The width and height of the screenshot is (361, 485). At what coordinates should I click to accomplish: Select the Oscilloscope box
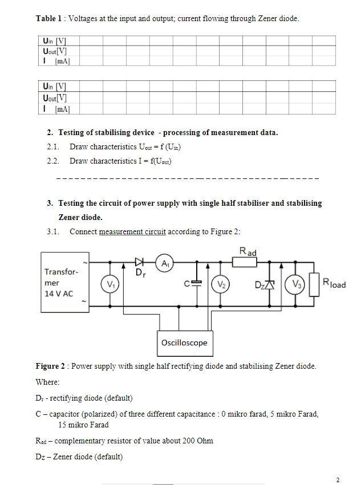[x=184, y=343]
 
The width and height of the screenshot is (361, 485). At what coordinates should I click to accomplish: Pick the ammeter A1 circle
[x=166, y=263]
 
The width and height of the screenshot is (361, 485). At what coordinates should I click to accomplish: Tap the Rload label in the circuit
[x=334, y=283]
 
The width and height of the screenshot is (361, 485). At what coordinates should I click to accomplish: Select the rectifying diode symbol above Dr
[x=139, y=262]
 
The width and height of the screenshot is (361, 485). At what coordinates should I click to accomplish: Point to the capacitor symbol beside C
[x=197, y=283]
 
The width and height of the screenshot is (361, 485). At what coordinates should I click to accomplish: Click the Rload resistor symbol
[x=313, y=284]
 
